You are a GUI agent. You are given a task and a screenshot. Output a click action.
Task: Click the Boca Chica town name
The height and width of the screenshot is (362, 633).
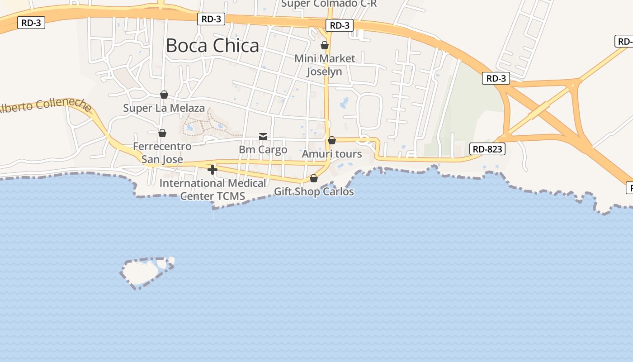[213, 46]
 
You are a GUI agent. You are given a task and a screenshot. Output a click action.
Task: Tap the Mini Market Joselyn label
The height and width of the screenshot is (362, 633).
[325, 65]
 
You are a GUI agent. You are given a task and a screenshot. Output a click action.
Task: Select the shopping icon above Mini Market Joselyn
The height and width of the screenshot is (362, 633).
[325, 45]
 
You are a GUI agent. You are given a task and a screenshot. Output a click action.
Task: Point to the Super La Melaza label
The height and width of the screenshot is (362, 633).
[164, 108]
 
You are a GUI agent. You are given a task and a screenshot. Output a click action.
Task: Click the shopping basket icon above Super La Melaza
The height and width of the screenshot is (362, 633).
[164, 95]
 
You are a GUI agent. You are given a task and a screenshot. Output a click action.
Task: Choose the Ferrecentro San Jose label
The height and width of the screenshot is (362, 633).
[162, 152]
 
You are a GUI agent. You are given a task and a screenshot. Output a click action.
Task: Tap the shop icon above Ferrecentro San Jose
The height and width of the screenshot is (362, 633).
[162, 133]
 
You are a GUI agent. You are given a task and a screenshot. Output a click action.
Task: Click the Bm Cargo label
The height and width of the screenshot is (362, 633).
[263, 149]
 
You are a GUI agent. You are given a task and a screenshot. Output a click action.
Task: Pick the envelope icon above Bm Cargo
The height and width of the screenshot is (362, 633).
[263, 136]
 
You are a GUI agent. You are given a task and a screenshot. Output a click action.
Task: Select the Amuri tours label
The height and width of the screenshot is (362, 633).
[332, 154]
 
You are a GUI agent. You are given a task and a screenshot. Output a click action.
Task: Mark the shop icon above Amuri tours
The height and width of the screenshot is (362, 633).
[332, 140]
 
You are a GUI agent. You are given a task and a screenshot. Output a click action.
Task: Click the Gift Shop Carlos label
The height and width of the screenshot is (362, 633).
[314, 191]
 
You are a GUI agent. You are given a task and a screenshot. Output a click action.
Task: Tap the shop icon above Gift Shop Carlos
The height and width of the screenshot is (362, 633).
[314, 179]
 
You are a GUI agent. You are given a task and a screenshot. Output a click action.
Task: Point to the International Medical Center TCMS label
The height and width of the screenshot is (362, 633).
[213, 190]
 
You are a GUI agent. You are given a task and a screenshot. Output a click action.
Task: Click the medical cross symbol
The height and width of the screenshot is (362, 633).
[213, 170]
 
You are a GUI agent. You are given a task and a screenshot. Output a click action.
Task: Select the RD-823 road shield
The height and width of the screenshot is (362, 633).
[487, 149]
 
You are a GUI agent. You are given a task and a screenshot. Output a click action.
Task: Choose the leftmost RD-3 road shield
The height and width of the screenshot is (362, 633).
[31, 23]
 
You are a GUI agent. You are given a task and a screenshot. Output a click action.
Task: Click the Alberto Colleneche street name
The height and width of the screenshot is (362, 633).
[45, 105]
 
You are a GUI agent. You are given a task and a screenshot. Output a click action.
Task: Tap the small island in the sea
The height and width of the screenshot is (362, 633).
[141, 271]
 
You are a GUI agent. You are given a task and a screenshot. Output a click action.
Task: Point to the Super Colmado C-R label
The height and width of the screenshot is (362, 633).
[329, 4]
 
